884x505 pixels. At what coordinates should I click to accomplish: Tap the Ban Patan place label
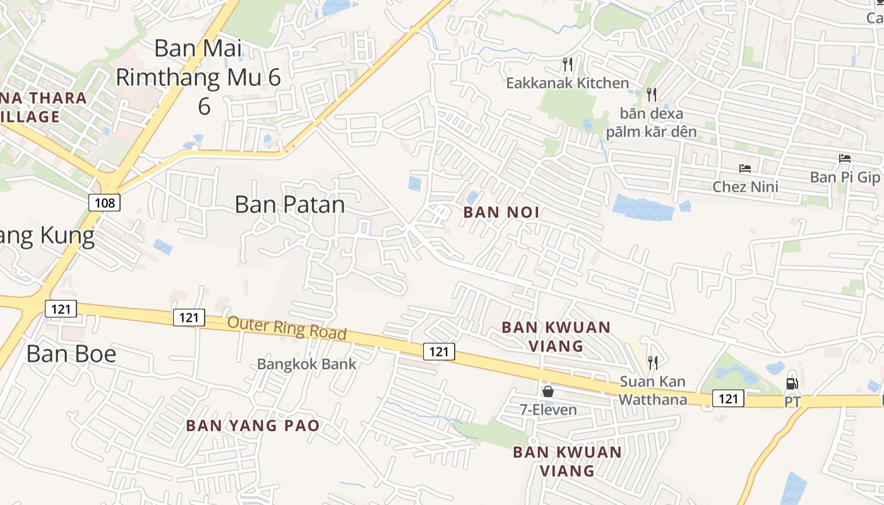pyautogui.click(x=290, y=204)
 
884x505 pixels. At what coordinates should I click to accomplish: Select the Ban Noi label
pyautogui.click(x=502, y=212)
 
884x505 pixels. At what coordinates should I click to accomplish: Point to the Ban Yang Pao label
pyautogui.click(x=253, y=425)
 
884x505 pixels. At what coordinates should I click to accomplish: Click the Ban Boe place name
pyautogui.click(x=71, y=353)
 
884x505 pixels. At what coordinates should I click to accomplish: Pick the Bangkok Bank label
pyautogui.click(x=307, y=364)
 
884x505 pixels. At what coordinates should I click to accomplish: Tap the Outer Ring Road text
pyautogui.click(x=287, y=328)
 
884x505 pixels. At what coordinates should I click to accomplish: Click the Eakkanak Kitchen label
pyautogui.click(x=568, y=83)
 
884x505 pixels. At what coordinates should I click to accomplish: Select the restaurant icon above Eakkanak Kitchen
pyautogui.click(x=567, y=64)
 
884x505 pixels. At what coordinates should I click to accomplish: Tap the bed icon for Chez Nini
pyautogui.click(x=745, y=169)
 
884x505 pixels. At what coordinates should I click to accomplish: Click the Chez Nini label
pyautogui.click(x=745, y=187)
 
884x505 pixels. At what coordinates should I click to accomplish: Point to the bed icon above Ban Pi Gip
pyautogui.click(x=845, y=158)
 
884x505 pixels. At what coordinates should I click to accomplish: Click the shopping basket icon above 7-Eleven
pyautogui.click(x=547, y=391)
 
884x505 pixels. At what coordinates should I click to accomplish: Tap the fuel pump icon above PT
pyautogui.click(x=792, y=383)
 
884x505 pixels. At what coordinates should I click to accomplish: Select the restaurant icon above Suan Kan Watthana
pyautogui.click(x=652, y=362)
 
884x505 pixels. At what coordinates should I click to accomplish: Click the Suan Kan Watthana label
pyautogui.click(x=652, y=390)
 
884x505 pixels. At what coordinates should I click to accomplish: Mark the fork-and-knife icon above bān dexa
pyautogui.click(x=652, y=94)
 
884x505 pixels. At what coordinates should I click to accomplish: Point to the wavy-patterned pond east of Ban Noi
pyautogui.click(x=643, y=207)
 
